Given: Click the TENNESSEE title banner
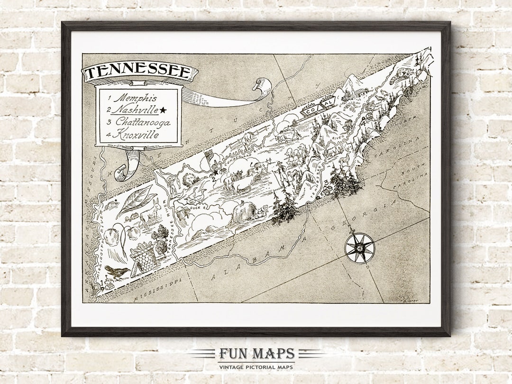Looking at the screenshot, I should (x=140, y=73).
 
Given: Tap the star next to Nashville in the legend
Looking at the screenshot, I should (x=163, y=110).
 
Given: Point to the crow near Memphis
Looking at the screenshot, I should (x=117, y=272).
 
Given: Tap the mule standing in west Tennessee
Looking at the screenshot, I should (x=151, y=215).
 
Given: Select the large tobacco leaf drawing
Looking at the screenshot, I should (x=136, y=201).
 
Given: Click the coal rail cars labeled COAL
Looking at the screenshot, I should (x=318, y=107).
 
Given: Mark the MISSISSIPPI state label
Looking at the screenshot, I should (x=158, y=290).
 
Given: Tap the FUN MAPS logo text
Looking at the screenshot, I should (x=256, y=354).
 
